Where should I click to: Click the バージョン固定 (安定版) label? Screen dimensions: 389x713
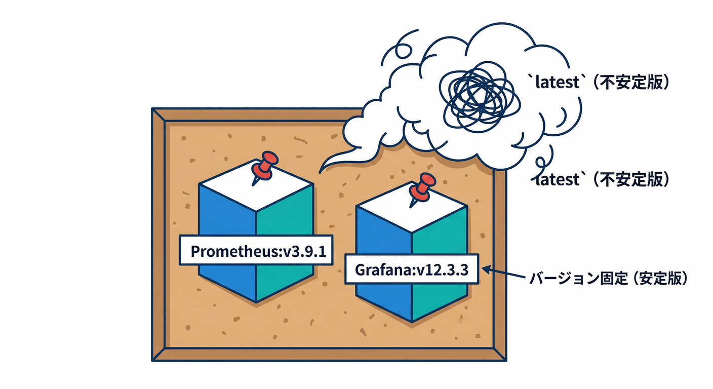[608, 279]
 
